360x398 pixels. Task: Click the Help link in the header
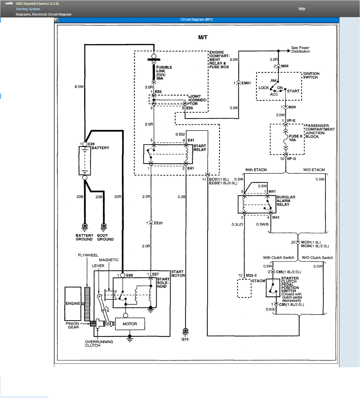point(302,9)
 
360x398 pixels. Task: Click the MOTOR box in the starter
point(130,324)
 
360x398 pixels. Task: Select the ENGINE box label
point(73,304)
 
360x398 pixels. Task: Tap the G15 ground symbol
point(185,331)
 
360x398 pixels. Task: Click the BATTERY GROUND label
point(84,238)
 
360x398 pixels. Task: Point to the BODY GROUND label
point(105,238)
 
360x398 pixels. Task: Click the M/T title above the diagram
point(203,37)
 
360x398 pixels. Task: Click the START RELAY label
point(200,148)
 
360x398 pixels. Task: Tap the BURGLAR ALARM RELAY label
point(286,201)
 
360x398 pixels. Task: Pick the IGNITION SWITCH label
point(311,75)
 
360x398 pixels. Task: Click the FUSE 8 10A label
point(295,138)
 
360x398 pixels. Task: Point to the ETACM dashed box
point(244,288)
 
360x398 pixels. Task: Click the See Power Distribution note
point(300,49)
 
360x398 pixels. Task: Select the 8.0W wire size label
point(79,87)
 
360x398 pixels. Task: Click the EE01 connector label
point(158,223)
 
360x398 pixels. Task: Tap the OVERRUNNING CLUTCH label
point(99,344)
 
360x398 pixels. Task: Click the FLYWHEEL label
point(88,255)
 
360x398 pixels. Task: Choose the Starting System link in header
point(28,9)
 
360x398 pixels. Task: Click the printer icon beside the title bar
point(56,20)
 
